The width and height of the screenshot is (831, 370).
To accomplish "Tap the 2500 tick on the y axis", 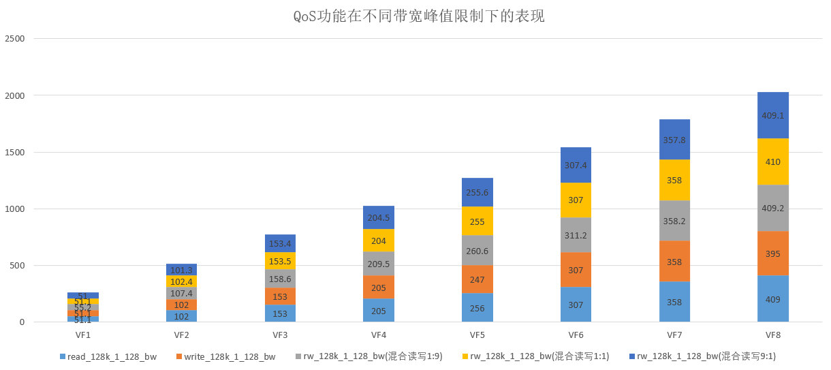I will pyautogui.click(x=14, y=39).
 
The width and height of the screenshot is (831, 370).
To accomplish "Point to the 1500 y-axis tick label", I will pyautogui.click(x=14, y=152).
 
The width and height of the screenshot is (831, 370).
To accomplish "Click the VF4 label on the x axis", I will pyautogui.click(x=378, y=335).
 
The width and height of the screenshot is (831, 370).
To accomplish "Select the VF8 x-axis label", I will pyautogui.click(x=772, y=335).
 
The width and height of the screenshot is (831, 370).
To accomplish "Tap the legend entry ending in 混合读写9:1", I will pyautogui.click(x=702, y=356).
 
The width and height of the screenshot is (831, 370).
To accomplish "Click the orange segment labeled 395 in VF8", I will pyautogui.click(x=772, y=253).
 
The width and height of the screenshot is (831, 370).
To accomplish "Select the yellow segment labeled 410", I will pyautogui.click(x=772, y=162).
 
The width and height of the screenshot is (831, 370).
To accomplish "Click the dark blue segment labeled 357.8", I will pyautogui.click(x=674, y=140).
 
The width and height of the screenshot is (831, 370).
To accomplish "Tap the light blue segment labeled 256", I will pyautogui.click(x=477, y=307).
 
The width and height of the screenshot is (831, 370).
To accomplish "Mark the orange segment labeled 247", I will pyautogui.click(x=477, y=279).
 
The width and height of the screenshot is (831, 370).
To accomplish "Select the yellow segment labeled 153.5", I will pyautogui.click(x=280, y=262).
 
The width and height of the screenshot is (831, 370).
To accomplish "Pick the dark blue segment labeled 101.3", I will pyautogui.click(x=181, y=270).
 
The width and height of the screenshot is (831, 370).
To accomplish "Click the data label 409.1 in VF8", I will pyautogui.click(x=772, y=115).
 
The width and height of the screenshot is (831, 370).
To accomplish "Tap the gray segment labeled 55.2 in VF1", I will pyautogui.click(x=83, y=307).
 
